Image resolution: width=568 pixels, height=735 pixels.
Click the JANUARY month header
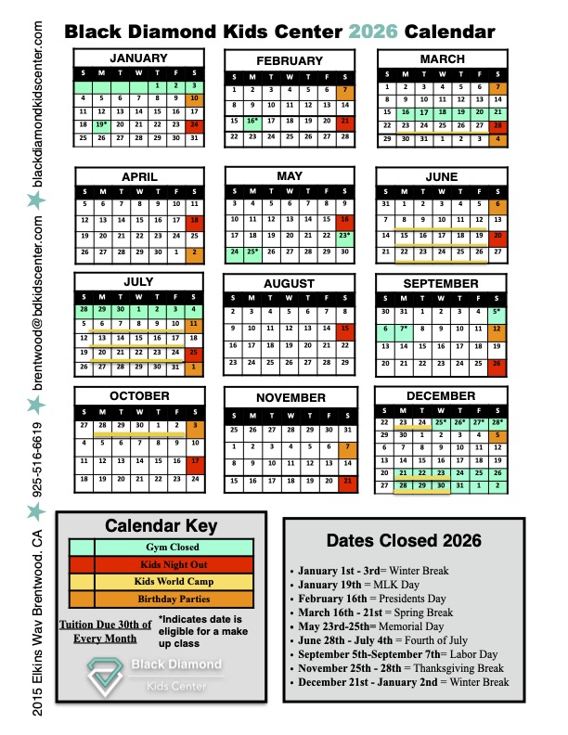139,58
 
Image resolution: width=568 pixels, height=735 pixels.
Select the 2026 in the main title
374,32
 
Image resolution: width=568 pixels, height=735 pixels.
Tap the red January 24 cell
194,123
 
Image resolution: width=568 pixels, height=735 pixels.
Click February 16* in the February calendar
252,121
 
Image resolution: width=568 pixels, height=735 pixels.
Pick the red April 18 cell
194,221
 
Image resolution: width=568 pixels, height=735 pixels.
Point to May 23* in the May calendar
344,237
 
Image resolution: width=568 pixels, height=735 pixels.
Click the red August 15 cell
345,329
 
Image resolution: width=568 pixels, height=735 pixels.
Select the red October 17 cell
194,461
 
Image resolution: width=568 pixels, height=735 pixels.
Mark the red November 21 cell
345,481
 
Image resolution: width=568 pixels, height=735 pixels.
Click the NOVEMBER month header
290,397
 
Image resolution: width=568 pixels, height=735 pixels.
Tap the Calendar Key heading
160,525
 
